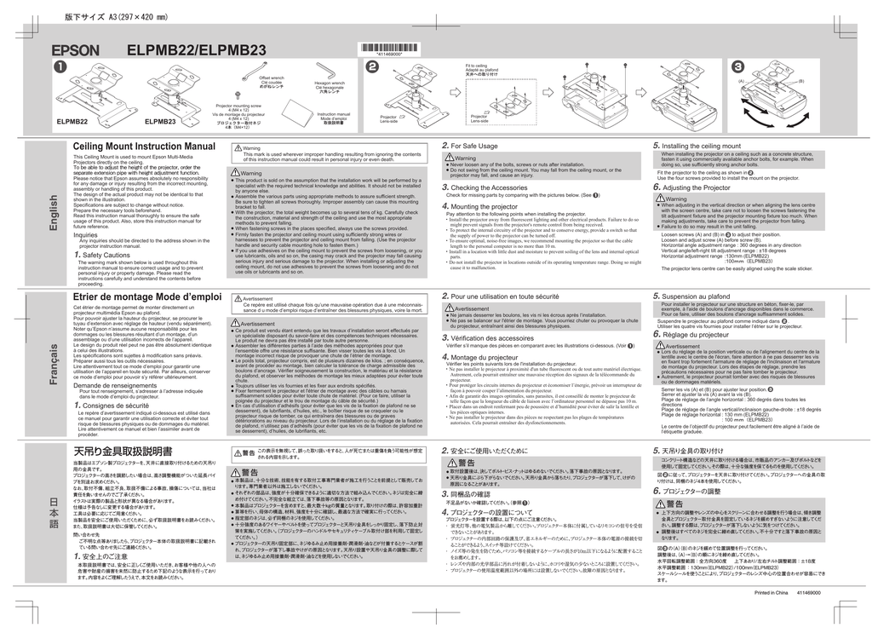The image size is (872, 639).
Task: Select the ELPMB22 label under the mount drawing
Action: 72,122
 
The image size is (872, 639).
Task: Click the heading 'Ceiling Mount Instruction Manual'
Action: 144,147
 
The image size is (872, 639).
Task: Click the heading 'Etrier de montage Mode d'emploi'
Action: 147,296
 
